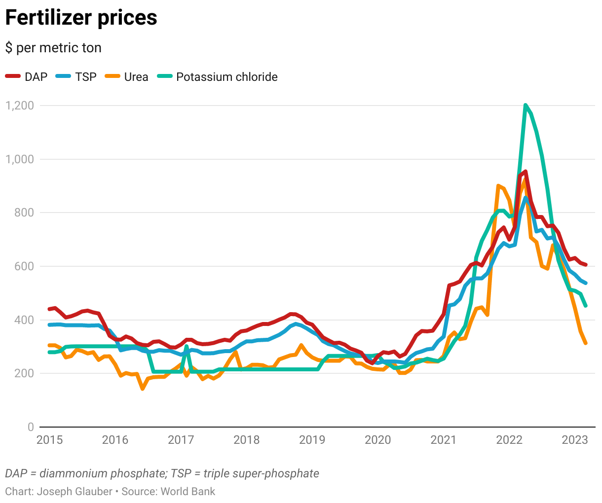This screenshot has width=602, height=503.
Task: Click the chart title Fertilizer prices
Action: pos(81,18)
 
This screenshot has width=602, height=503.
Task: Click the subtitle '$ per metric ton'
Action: pos(53,48)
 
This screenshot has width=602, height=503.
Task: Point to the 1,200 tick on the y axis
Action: pos(20,106)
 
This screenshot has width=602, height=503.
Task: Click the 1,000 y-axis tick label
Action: pos(20,159)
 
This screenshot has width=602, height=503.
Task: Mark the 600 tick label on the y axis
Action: pos(24,266)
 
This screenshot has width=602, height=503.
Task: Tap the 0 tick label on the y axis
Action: pos(31,427)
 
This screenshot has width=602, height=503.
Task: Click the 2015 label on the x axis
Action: pos(50,440)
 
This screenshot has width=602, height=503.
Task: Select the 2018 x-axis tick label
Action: pos(246,440)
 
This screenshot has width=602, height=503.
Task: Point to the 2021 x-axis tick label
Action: pos(443,440)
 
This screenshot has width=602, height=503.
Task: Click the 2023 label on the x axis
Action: pos(575,440)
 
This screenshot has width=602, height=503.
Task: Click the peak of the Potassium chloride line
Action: pos(525,105)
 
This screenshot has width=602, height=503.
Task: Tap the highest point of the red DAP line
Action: pos(526,172)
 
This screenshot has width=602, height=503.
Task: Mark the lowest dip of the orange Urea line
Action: pos(143,389)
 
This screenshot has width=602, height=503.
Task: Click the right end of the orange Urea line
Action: pos(586,343)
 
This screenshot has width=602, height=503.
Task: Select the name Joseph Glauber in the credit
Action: pos(75,492)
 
